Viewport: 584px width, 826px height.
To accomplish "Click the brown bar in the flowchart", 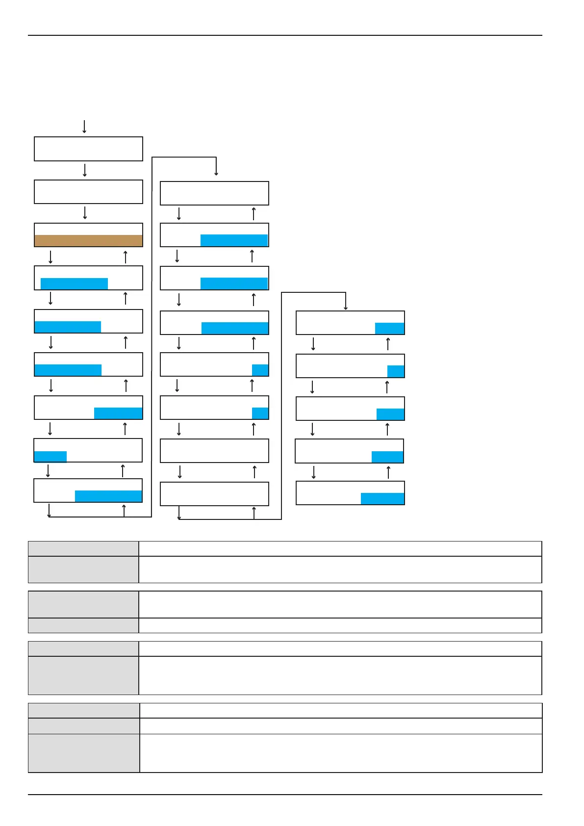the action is tap(88, 240).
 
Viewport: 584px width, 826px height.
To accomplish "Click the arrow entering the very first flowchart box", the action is tap(84, 127).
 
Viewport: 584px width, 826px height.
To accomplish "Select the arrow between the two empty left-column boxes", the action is tap(85, 170).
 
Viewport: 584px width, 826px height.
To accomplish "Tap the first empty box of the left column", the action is tap(88, 149).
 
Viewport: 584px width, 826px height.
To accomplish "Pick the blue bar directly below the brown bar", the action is tap(74, 284).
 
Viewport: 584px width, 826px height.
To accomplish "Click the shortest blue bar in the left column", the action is tap(51, 457).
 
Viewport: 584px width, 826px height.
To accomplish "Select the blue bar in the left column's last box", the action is tap(108, 496).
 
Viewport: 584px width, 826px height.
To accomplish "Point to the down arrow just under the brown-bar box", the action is tap(51, 257).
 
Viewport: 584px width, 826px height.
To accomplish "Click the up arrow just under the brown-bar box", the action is tap(126, 257).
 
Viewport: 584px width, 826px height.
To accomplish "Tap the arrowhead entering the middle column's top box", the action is tap(216, 173).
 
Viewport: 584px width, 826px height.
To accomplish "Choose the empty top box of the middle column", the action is tap(214, 193).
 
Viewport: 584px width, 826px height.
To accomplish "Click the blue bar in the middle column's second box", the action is tap(234, 240).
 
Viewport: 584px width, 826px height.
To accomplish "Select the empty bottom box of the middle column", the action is tap(214, 493).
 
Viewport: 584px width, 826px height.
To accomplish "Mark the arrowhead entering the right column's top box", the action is tap(346, 308).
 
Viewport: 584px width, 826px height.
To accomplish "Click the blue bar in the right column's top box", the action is tap(389, 328).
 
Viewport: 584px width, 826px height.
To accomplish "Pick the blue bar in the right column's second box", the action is tap(396, 371).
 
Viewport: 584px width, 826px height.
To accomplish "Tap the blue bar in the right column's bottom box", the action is tap(382, 498).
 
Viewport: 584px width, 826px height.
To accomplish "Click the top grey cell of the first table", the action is tap(83, 548).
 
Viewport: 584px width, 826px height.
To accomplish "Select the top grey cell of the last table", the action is tap(84, 710).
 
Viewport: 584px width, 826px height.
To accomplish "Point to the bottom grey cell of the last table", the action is tap(84, 753).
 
